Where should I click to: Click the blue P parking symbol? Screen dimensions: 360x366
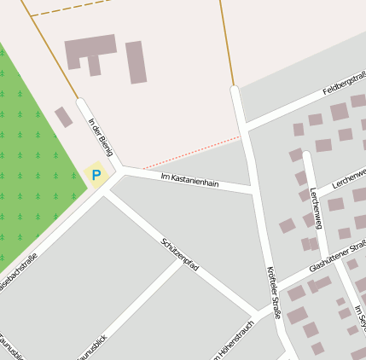click(96, 176)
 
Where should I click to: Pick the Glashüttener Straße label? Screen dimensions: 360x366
click(338, 255)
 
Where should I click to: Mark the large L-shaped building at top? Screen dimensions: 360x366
click(89, 52)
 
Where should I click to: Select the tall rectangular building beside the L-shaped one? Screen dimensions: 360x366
click(137, 62)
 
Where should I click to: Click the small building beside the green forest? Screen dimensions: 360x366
click(63, 117)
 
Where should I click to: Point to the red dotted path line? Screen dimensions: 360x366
click(192, 153)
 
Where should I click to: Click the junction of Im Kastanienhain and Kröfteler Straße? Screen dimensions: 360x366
click(253, 189)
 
